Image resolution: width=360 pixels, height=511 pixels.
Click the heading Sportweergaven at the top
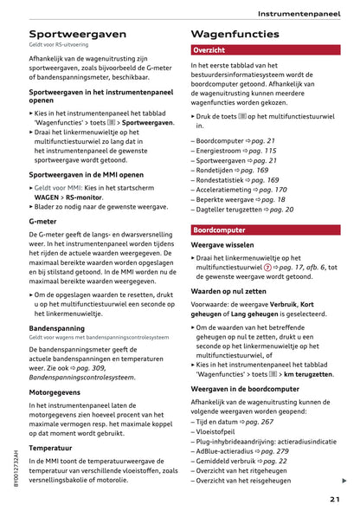pos(77,34)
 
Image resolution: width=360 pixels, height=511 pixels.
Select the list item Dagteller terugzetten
pos(231,210)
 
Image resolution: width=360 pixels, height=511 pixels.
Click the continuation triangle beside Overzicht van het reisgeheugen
pos(344,481)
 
